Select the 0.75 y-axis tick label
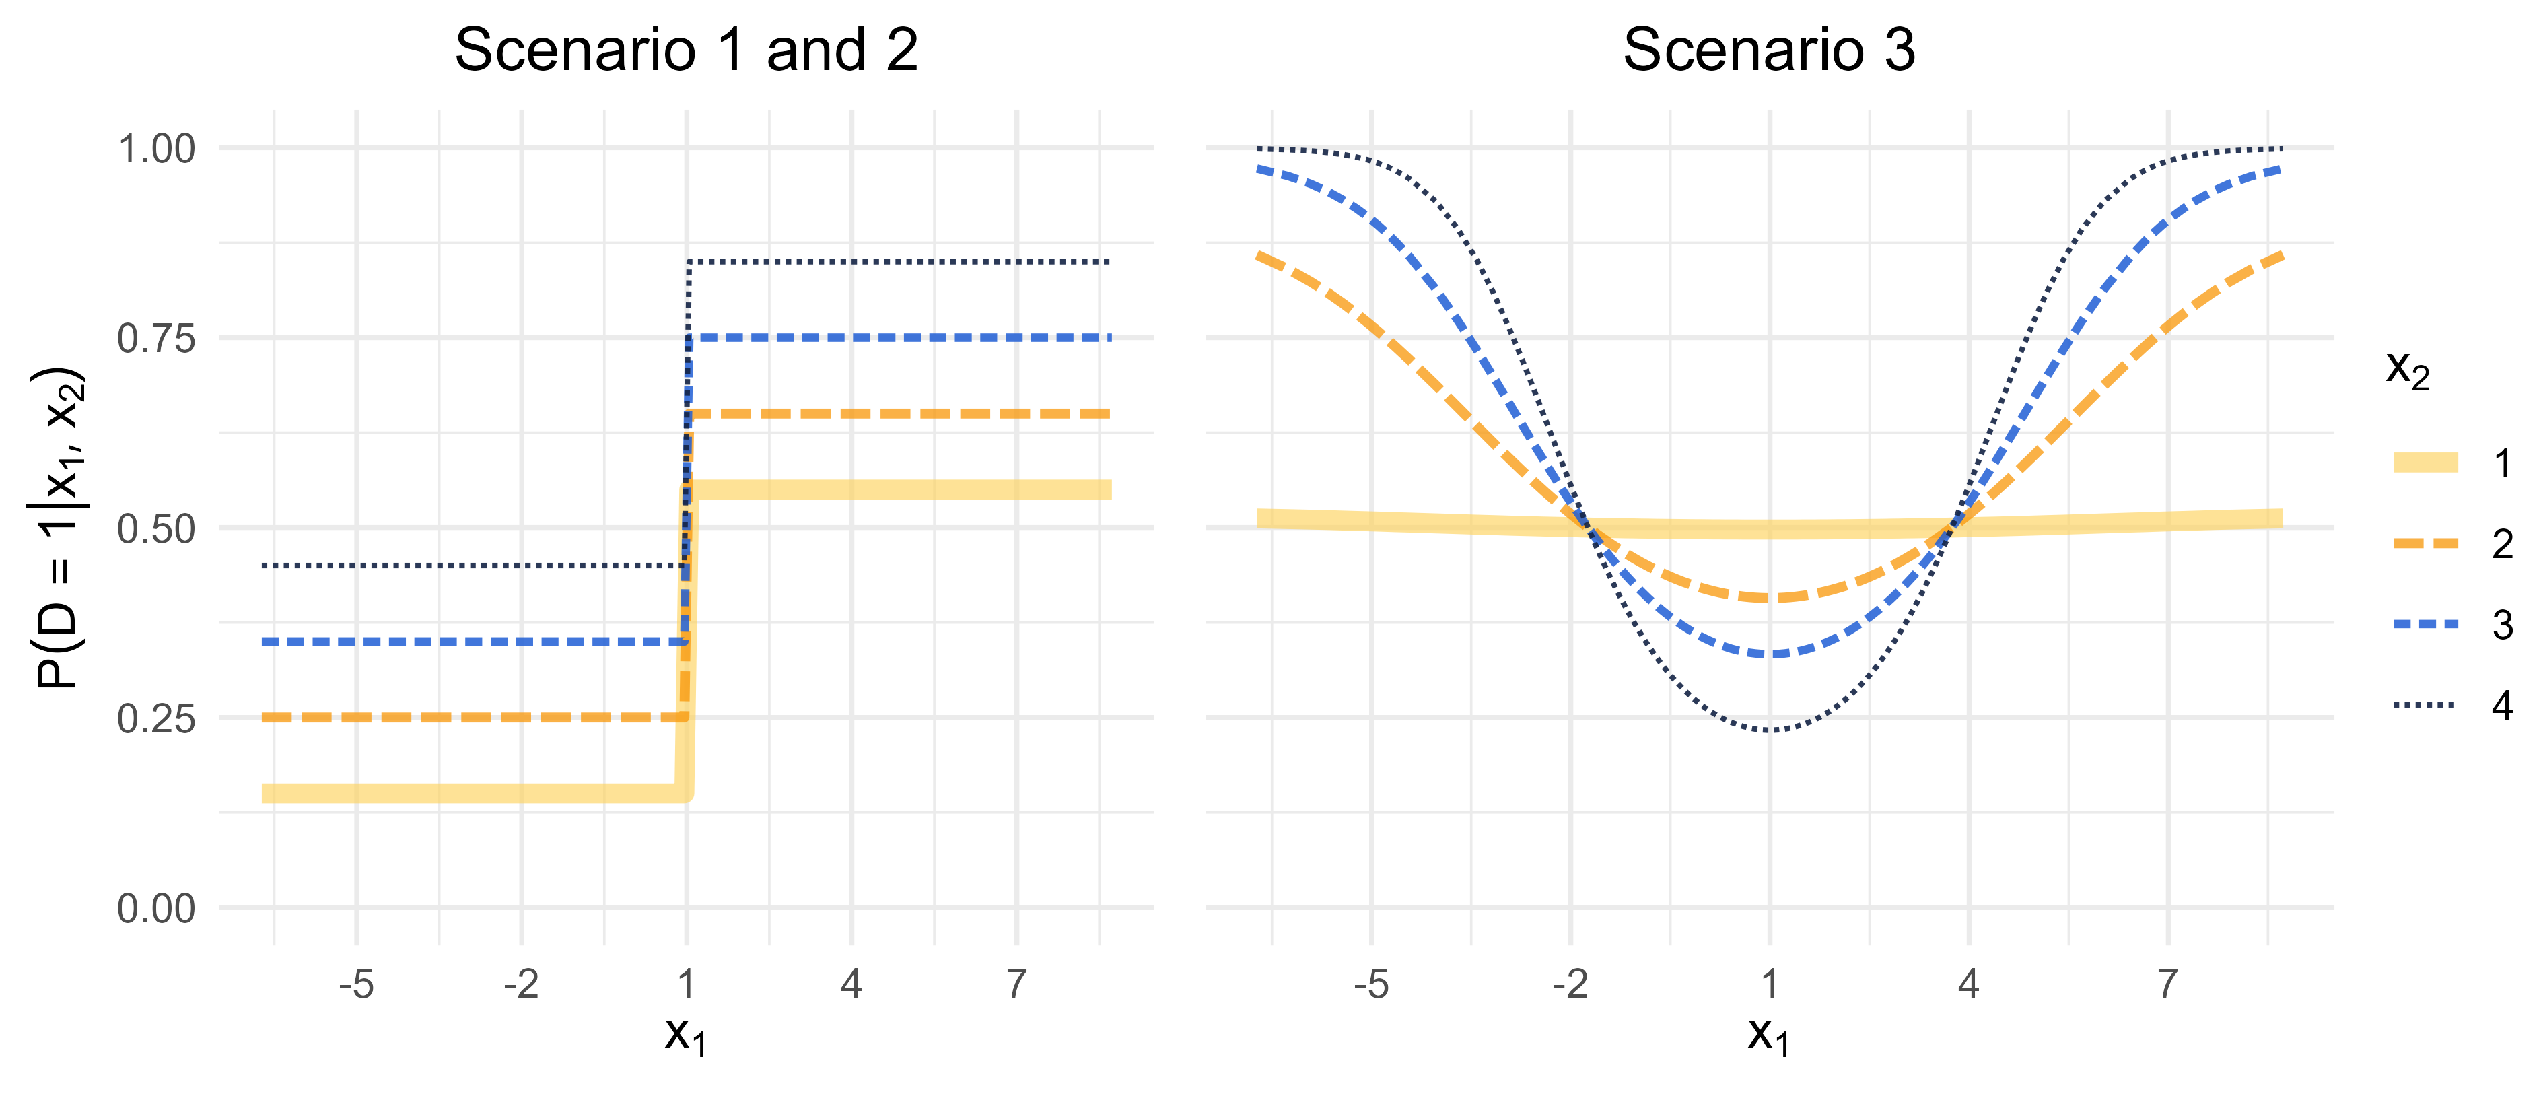coord(156,339)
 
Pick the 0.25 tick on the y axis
coord(156,718)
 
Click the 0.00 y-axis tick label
coord(156,909)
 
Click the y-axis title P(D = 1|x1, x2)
coord(57,528)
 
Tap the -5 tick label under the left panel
coord(356,984)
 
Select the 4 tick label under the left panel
coord(851,984)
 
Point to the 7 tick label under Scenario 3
coord(2167,984)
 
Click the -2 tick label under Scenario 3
coord(1570,984)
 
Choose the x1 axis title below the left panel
coord(685,1036)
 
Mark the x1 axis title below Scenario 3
coord(1769,1036)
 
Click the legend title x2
coord(2407,370)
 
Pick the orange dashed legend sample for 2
coord(2426,543)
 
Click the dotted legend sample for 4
coord(2426,704)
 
